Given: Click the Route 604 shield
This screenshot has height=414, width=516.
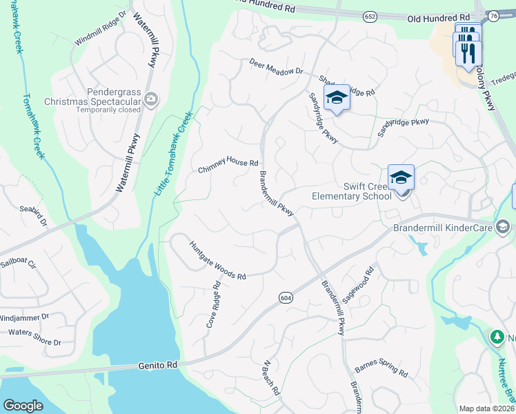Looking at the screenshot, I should point(286,297).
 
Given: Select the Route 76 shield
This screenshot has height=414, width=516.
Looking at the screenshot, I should point(492,16).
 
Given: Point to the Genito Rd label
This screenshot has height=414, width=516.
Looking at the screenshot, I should point(158,364).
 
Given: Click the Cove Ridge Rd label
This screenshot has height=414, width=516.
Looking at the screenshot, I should point(213,304).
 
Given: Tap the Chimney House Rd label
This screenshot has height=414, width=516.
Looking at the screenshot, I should point(228,164).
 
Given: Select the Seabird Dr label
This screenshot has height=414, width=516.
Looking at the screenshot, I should point(33,213).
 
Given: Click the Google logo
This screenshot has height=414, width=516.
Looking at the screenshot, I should point(23,405).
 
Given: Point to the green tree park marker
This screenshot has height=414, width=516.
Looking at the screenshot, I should point(496,337).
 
